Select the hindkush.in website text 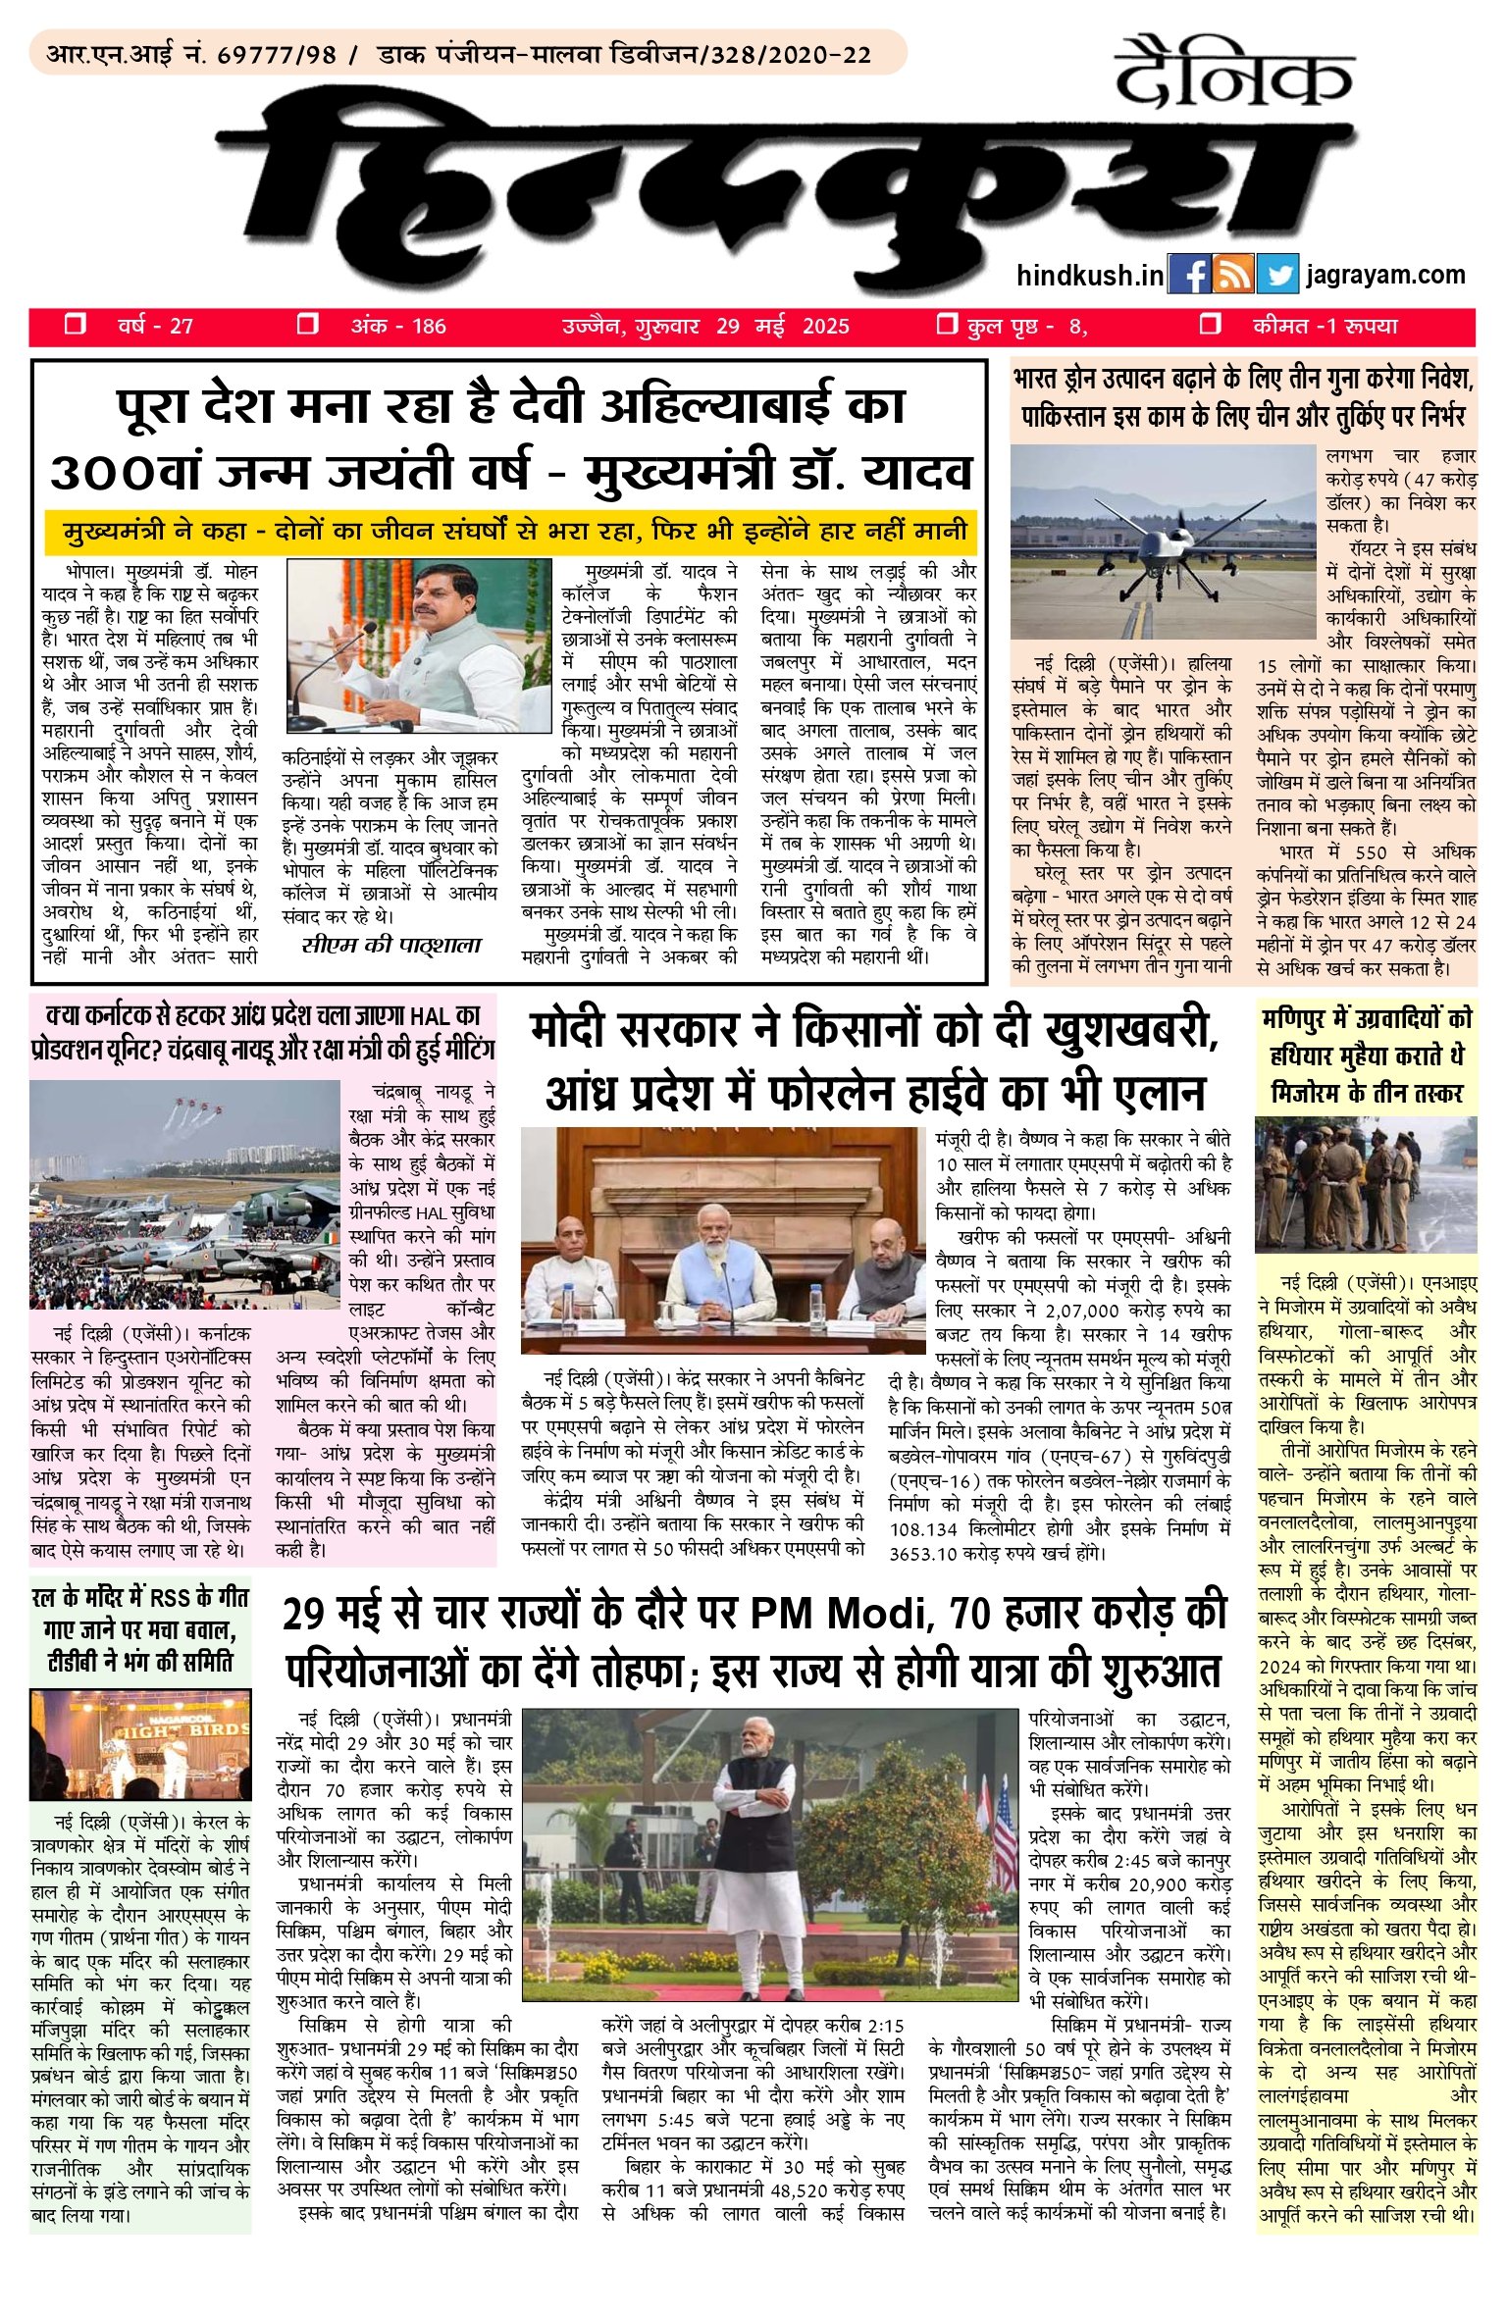point(1090,276)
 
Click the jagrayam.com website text point(1385,276)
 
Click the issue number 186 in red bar point(428,327)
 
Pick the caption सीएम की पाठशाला point(391,946)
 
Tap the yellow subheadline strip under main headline point(510,532)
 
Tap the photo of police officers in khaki point(1365,1188)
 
